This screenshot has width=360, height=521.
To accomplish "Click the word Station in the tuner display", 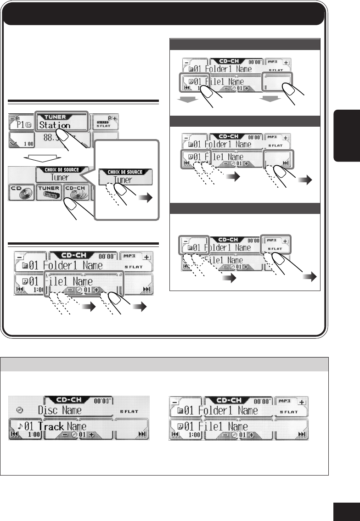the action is pos(55,125).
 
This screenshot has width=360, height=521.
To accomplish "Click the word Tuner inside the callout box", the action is pos(122,180).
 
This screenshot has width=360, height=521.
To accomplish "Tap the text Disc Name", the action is pos(60,409).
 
